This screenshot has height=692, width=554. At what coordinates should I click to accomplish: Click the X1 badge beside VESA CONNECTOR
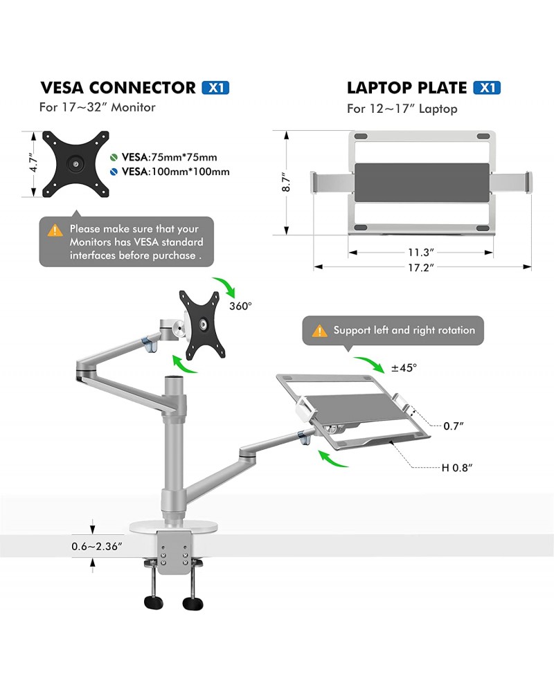(x=215, y=88)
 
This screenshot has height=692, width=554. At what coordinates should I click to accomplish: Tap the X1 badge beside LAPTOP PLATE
(x=486, y=88)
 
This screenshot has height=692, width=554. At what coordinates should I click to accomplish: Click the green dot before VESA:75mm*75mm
(x=114, y=156)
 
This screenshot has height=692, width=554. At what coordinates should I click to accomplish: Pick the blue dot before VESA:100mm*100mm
(x=114, y=172)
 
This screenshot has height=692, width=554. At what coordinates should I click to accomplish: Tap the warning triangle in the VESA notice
(x=55, y=230)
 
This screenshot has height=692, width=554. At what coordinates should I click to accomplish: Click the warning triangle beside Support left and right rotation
(x=319, y=331)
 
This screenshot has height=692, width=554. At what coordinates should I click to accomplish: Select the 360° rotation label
(x=240, y=304)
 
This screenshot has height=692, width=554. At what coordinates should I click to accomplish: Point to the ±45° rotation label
(x=404, y=368)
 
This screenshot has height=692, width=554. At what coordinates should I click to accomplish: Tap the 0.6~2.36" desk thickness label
(x=97, y=546)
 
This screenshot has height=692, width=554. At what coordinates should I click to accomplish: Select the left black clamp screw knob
(x=154, y=601)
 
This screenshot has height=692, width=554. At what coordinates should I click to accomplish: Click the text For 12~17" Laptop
(x=402, y=109)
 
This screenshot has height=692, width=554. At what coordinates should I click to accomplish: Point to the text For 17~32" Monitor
(x=97, y=107)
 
